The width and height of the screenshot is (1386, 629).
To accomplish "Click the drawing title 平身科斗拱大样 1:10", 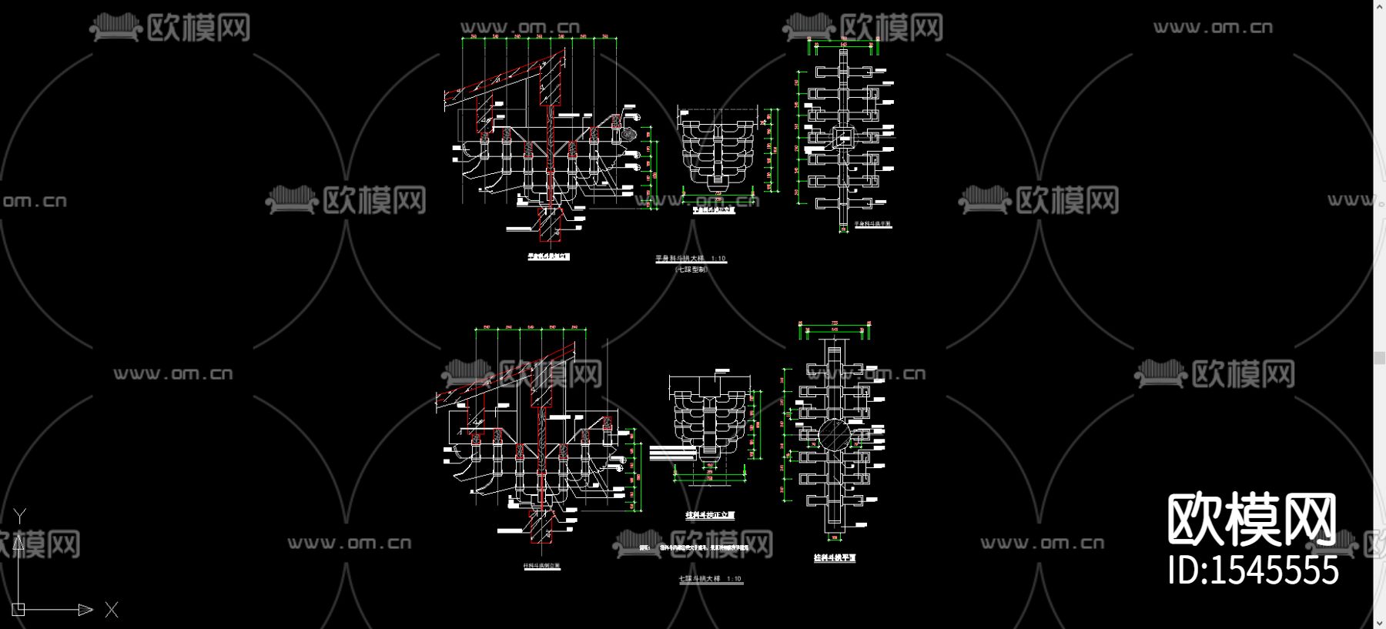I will (x=691, y=259).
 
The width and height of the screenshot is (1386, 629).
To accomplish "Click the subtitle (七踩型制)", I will (x=691, y=269).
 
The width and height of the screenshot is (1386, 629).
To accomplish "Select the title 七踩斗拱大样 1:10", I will (x=710, y=579).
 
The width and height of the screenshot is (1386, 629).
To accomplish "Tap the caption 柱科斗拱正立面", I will (x=710, y=515).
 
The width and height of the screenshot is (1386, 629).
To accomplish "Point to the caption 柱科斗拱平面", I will (x=835, y=557).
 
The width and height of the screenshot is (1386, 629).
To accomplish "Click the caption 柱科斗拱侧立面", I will (x=542, y=566).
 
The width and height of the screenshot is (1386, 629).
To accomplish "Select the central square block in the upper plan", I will (x=843, y=139).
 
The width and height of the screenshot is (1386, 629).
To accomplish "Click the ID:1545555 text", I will (x=1254, y=570).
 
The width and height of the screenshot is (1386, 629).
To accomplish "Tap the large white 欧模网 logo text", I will (x=1252, y=520).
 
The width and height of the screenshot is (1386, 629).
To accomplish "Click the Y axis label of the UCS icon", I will (x=21, y=515).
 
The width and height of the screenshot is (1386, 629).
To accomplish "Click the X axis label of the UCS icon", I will (x=112, y=610).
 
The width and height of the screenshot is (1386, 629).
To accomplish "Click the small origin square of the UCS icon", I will (x=18, y=609).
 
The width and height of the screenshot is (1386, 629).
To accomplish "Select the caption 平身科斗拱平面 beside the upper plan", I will (x=872, y=224).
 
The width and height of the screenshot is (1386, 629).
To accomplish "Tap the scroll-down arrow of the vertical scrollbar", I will (x=1379, y=621).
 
